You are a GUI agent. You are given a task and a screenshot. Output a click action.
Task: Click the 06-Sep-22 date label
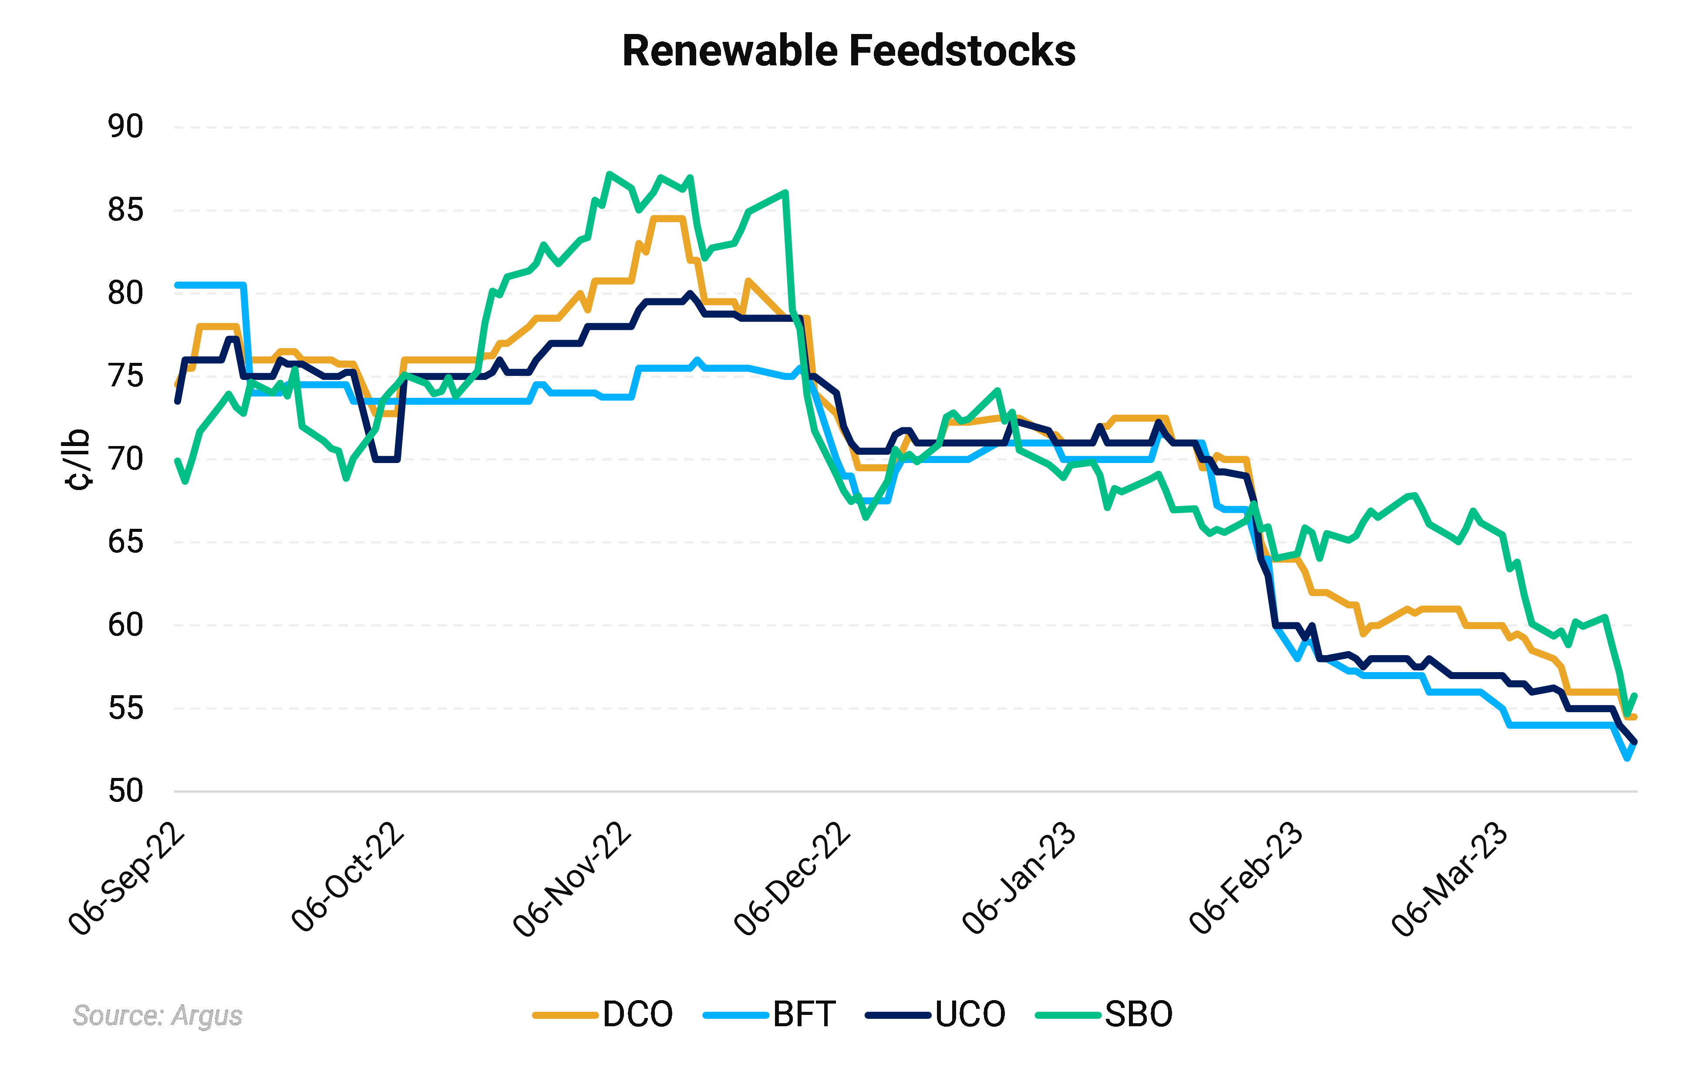(127, 879)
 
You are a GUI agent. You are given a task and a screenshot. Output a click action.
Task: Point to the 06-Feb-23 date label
(1246, 879)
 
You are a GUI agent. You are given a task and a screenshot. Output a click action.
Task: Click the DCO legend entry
(603, 1014)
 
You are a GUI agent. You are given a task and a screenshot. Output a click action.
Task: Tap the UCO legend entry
(936, 1014)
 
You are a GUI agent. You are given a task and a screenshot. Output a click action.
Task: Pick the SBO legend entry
(1104, 1014)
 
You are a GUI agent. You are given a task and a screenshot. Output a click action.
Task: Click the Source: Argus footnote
(157, 1015)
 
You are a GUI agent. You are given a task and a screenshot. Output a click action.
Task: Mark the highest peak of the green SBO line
(609, 173)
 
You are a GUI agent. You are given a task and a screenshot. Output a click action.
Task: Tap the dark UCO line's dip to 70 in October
(387, 459)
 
